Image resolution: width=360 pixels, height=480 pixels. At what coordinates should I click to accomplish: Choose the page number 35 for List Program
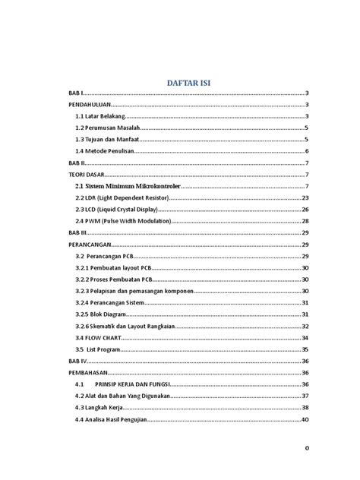coord(305,349)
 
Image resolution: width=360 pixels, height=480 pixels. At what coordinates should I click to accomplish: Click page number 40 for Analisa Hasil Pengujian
coord(305,419)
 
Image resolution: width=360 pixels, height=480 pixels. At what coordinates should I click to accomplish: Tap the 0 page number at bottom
coord(306,448)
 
